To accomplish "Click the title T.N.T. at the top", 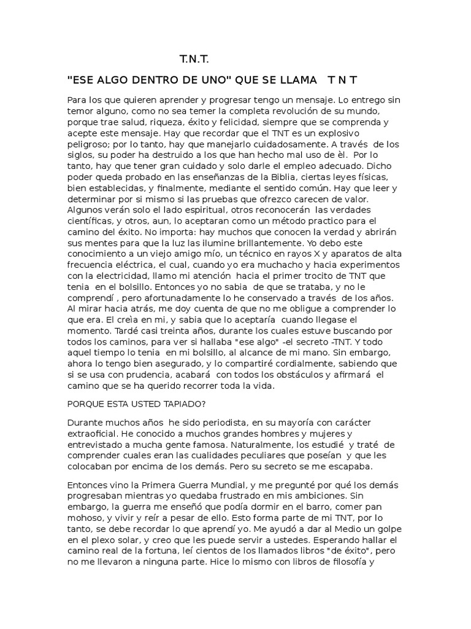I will coord(194,59).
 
